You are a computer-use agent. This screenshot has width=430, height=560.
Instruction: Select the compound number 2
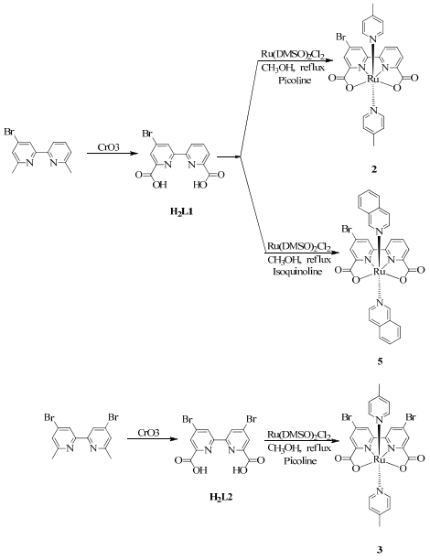[374, 169]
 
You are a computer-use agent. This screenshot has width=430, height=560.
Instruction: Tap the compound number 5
[380, 361]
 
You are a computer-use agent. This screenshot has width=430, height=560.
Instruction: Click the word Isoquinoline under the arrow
[297, 272]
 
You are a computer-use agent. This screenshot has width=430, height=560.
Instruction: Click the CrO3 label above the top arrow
[109, 146]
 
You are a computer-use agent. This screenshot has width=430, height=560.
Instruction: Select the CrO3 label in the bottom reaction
[149, 433]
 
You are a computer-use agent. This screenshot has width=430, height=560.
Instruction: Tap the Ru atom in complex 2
[373, 80]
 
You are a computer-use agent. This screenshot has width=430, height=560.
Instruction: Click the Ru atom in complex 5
[379, 272]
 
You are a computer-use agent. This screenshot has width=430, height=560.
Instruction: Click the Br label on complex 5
[348, 229]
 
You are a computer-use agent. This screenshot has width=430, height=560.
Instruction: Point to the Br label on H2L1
[147, 134]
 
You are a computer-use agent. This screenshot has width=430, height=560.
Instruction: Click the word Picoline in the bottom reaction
[300, 460]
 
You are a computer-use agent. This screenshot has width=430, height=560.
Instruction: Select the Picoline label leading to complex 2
[295, 80]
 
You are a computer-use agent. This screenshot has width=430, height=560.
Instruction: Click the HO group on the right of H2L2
[239, 470]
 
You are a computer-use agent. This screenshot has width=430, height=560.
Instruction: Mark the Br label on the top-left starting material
[9, 132]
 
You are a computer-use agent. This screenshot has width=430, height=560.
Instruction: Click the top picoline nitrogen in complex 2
[373, 38]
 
